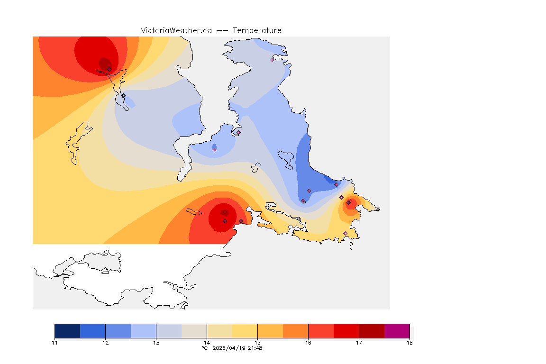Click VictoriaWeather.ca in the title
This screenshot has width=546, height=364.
[176, 30]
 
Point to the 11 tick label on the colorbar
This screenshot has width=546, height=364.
[55, 342]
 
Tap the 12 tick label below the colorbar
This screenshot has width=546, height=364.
[105, 342]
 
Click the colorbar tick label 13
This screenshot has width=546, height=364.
[156, 342]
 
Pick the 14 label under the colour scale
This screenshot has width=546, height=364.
[207, 342]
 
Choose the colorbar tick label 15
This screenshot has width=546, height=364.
[257, 342]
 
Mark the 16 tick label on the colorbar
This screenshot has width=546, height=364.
[308, 342]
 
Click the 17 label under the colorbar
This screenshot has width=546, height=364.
[359, 342]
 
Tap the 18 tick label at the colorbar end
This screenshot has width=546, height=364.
[409, 342]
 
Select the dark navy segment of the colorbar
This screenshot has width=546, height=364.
[67, 331]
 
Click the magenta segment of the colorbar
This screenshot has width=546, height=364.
[397, 331]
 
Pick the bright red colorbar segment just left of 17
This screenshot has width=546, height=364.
[346, 331]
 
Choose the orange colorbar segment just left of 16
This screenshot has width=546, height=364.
[295, 331]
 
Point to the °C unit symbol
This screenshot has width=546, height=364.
[205, 348]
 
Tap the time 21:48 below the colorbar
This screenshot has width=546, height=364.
[255, 348]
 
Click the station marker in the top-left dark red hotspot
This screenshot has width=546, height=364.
[109, 69]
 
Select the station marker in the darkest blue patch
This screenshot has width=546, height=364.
[336, 184]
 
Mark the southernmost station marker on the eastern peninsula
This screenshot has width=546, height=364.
[345, 233]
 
